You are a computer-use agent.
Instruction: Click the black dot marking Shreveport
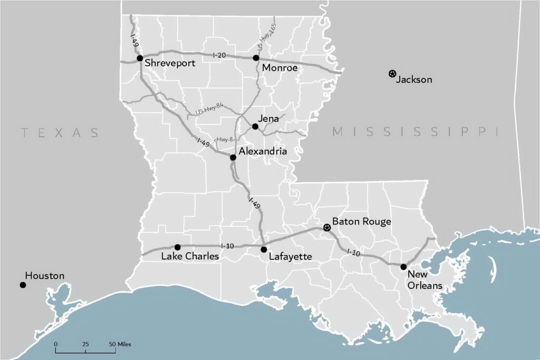coord(140,58)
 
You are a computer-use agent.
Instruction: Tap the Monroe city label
coord(279,68)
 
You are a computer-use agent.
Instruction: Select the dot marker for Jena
coord(255,127)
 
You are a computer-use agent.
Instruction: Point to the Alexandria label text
coord(263,151)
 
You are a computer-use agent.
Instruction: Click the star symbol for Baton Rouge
coord(327,228)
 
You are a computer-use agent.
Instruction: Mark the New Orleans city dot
coord(403,267)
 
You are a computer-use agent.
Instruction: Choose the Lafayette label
coord(290,257)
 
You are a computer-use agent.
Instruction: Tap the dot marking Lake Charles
coord(178,247)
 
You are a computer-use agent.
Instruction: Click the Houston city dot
coord(23,285)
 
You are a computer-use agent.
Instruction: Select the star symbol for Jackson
coord(392,74)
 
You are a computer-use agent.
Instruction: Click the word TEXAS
coord(60,132)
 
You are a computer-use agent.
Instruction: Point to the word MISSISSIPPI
coord(415,132)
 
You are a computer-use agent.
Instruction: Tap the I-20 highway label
coord(220,55)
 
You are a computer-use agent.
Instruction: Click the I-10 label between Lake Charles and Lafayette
coord(227,246)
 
